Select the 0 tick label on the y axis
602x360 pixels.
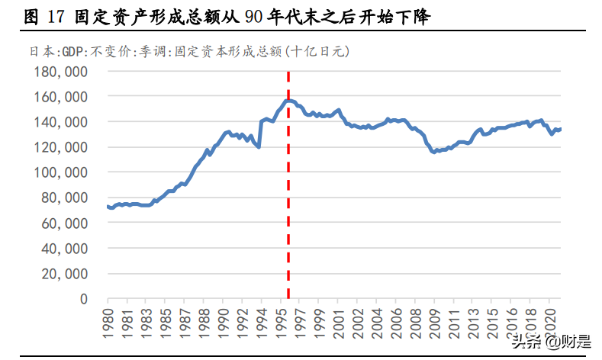pos(84,298)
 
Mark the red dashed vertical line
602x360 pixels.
pos(288,191)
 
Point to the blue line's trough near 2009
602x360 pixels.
pos(434,153)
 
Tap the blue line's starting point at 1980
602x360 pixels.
pos(108,207)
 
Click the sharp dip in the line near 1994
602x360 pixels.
pos(259,146)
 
